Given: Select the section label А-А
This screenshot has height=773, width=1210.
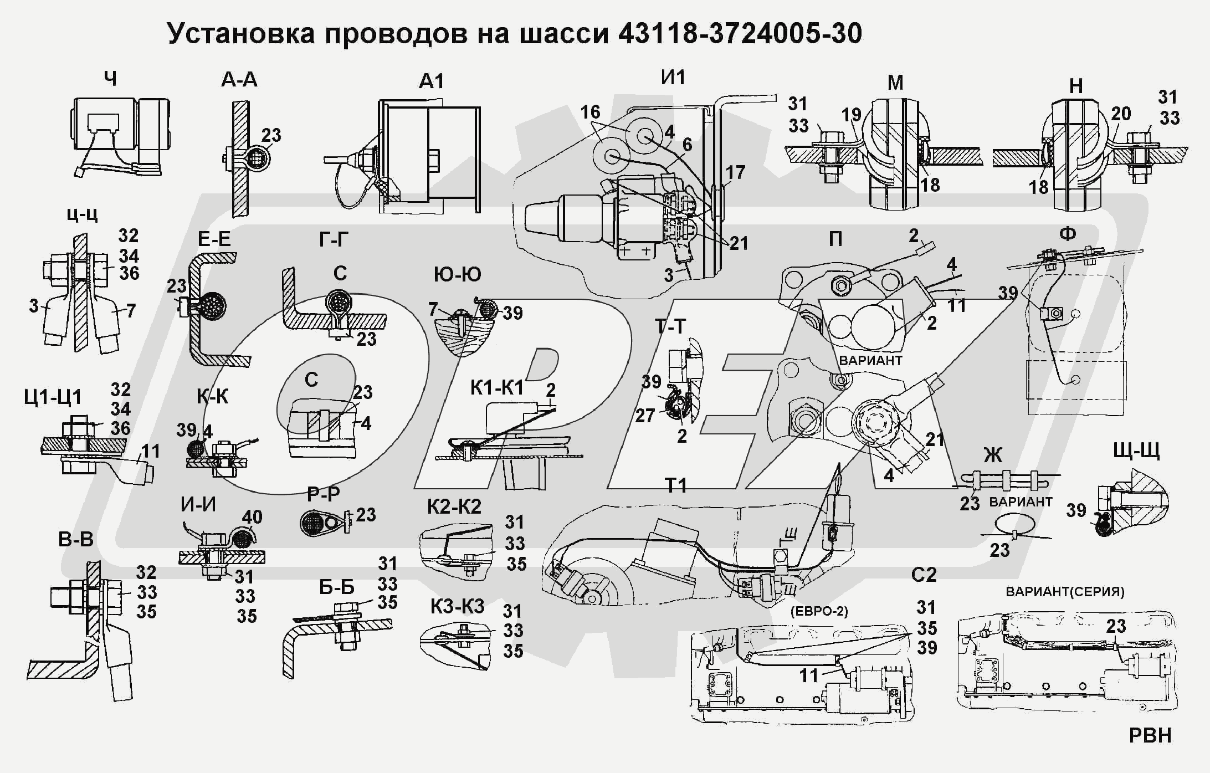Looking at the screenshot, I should [239, 80].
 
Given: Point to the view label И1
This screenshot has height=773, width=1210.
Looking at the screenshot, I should [673, 77].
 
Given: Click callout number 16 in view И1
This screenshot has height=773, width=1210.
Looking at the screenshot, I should [590, 112].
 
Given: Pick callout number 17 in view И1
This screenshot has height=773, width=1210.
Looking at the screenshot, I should [735, 173].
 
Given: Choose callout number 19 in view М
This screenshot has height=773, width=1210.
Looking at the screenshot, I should [852, 115].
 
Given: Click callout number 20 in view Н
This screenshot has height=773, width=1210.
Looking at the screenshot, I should [1120, 114].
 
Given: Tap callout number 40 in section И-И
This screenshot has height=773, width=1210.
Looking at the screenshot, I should [252, 517].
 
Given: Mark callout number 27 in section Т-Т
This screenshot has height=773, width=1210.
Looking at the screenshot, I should [645, 415].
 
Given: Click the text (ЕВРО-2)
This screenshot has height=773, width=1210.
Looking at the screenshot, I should [819, 611].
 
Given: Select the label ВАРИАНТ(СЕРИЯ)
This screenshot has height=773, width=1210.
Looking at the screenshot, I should [1065, 591].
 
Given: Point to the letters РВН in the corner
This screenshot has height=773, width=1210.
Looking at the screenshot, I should [1150, 735].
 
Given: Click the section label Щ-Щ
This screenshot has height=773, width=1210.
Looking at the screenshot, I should [1136, 452].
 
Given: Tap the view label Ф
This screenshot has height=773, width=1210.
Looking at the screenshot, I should [1067, 234].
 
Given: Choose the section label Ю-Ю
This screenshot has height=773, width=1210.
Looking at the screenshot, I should [457, 274].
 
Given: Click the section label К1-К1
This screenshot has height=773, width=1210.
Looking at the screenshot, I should [496, 388].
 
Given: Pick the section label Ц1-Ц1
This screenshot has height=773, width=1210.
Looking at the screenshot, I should [53, 397].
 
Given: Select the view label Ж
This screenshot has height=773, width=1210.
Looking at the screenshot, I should [992, 455].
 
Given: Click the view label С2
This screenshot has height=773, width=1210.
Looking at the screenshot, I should [924, 575].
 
